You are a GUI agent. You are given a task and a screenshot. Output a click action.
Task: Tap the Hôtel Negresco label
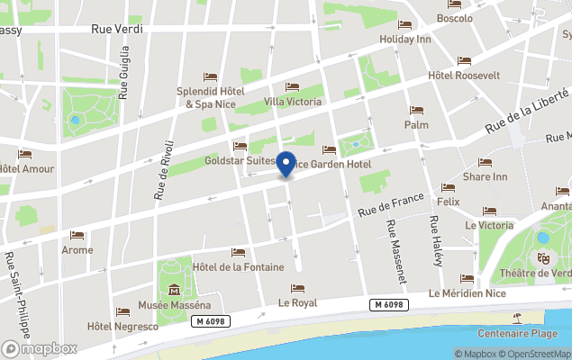coord(123,326)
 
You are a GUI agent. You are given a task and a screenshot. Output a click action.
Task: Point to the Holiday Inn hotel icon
coord(405,24)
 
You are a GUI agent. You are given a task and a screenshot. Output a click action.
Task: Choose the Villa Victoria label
coord(293,102)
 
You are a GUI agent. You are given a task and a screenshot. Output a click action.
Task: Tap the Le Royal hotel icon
coord(298,288)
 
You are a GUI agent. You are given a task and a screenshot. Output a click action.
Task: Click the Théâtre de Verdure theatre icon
coord(543,258)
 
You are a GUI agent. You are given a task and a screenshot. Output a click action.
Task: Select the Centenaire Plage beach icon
coord(518,317)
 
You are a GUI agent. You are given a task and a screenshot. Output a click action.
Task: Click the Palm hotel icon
coord(416,111)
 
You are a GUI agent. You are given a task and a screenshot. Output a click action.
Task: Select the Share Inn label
coord(485,177)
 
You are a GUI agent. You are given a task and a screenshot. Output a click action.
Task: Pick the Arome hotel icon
coord(77,235)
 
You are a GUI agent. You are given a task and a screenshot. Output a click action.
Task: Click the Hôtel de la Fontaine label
coord(238,267)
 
